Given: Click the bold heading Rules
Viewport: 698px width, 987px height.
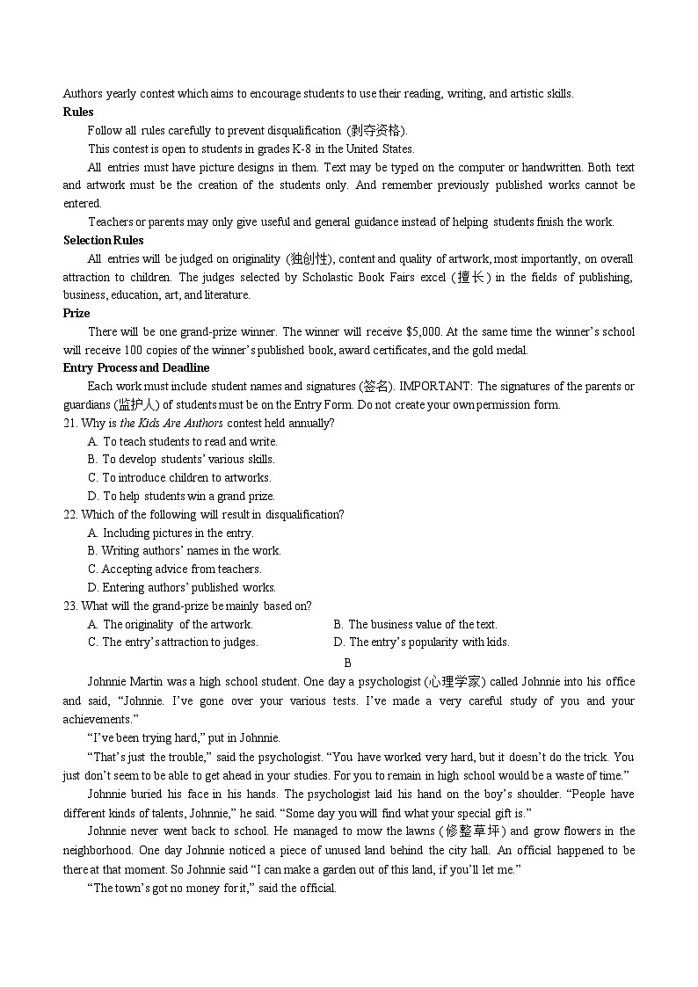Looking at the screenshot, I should click(x=78, y=112).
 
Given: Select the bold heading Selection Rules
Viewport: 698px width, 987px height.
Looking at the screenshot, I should click(x=103, y=240).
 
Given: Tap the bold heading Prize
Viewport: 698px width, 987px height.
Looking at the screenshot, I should click(x=76, y=313).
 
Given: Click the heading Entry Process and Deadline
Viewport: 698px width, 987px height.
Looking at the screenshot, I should click(x=136, y=367).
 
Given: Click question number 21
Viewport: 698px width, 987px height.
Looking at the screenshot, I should click(x=70, y=423).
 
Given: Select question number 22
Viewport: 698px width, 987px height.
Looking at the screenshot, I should click(x=70, y=514).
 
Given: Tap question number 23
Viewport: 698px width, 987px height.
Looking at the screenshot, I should click(x=70, y=606).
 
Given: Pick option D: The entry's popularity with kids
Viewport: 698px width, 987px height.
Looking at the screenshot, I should click(x=421, y=642).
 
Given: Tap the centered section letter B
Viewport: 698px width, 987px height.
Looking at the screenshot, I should click(x=348, y=663).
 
